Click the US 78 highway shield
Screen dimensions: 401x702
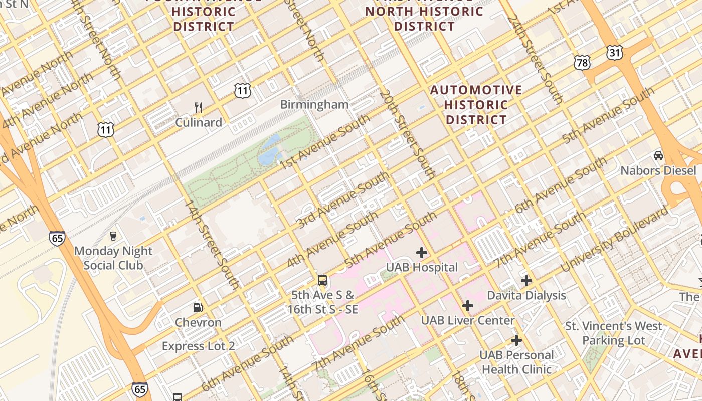(582, 63)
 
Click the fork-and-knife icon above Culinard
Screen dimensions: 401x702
(199, 107)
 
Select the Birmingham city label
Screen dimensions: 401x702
(314, 104)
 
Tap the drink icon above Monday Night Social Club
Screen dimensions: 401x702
(113, 236)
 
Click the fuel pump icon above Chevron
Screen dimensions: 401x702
(198, 307)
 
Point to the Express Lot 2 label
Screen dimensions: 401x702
(198, 346)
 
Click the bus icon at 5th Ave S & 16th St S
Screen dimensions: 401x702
(322, 280)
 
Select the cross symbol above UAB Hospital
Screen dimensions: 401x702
(422, 252)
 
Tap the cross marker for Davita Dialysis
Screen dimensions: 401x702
(526, 281)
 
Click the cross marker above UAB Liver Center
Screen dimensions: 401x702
(468, 305)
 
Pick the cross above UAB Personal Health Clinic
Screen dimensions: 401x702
(516, 341)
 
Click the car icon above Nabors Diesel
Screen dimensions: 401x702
(658, 156)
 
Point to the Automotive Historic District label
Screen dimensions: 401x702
(476, 105)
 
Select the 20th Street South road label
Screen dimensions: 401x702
(407, 134)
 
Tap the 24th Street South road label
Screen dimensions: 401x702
(535, 59)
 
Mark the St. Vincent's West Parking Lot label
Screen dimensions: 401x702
(614, 333)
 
